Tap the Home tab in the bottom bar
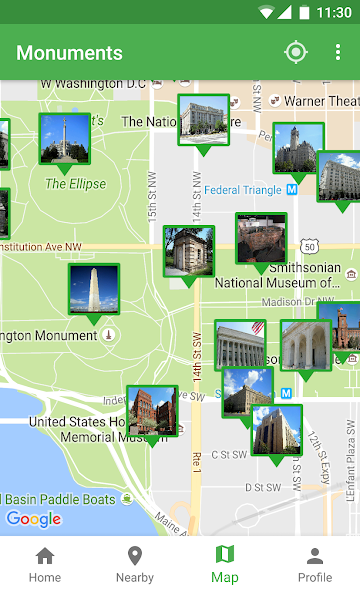coord(44,563)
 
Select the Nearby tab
coord(134,563)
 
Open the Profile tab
coord(314,563)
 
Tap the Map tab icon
coord(225,555)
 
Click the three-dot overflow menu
coord(338,53)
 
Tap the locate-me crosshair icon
coord(295,53)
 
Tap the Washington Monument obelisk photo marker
coord(94,289)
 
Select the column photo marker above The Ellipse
coord(65,139)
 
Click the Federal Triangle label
coord(243,189)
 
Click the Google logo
coord(34,518)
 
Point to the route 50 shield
coord(311,246)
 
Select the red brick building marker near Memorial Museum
coord(152,410)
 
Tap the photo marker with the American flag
coord(240,345)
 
